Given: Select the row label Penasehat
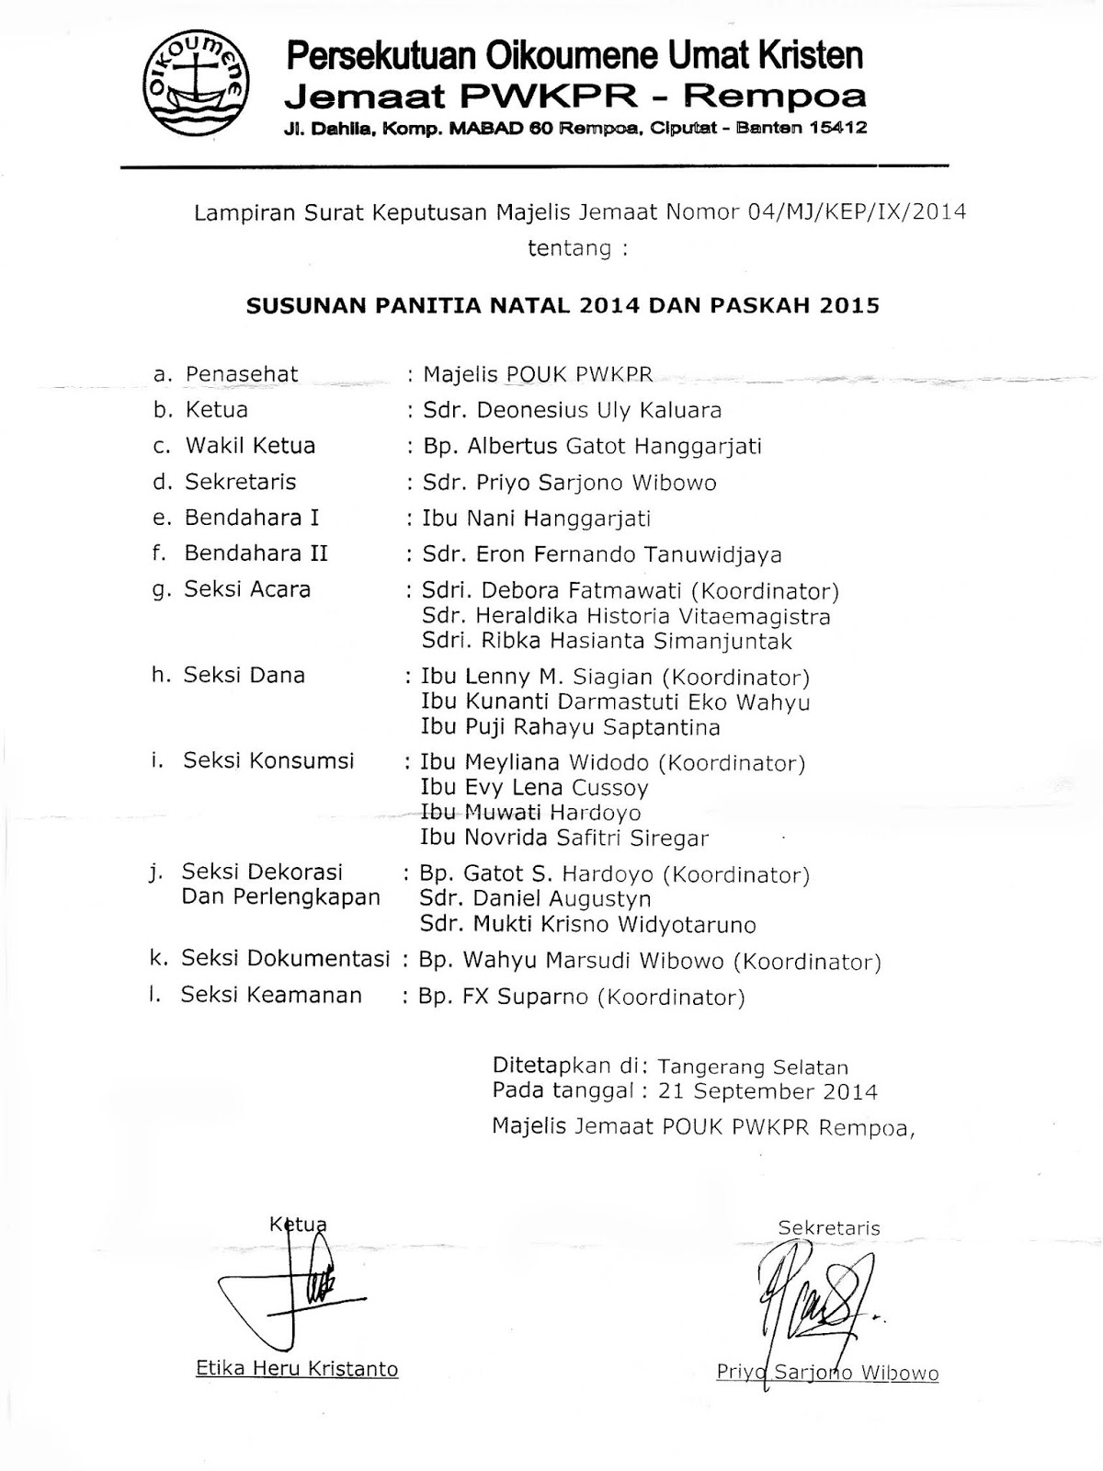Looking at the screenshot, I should [x=242, y=374].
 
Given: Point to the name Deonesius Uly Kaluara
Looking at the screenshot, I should [x=572, y=410].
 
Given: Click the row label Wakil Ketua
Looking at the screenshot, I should [x=250, y=446].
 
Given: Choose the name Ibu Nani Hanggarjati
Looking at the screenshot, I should [x=536, y=519].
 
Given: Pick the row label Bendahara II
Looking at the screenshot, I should [x=256, y=553].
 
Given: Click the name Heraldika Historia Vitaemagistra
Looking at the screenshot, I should [x=625, y=616].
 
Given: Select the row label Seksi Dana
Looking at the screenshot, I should [x=244, y=675].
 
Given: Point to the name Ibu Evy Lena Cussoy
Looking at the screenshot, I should [x=534, y=788].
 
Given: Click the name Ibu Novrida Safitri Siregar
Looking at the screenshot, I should [x=564, y=838].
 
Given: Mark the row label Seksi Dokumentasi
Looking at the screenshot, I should [x=285, y=958].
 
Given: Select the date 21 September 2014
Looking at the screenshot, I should [x=786, y=1091].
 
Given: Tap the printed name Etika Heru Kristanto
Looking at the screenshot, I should [x=297, y=1369].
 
